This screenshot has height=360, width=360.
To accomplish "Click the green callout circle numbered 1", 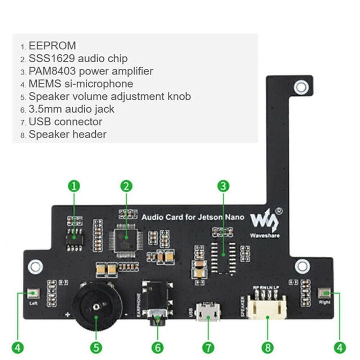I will tap(74, 186).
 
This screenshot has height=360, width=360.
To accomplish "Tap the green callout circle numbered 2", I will tap(126, 186).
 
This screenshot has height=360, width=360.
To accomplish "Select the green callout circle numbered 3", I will tap(223, 186).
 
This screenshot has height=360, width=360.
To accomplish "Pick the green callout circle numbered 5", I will tap(96, 347).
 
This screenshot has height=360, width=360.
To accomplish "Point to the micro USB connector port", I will tap(208, 312).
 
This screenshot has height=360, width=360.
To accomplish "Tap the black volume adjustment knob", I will tap(96, 306).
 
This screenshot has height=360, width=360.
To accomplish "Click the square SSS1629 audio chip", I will tap(125, 239).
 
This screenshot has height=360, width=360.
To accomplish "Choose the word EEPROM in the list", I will tap(52, 46).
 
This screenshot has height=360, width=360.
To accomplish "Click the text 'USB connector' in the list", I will tap(65, 122).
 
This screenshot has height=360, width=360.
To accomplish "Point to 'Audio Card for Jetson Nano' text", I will tap(193, 217).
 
